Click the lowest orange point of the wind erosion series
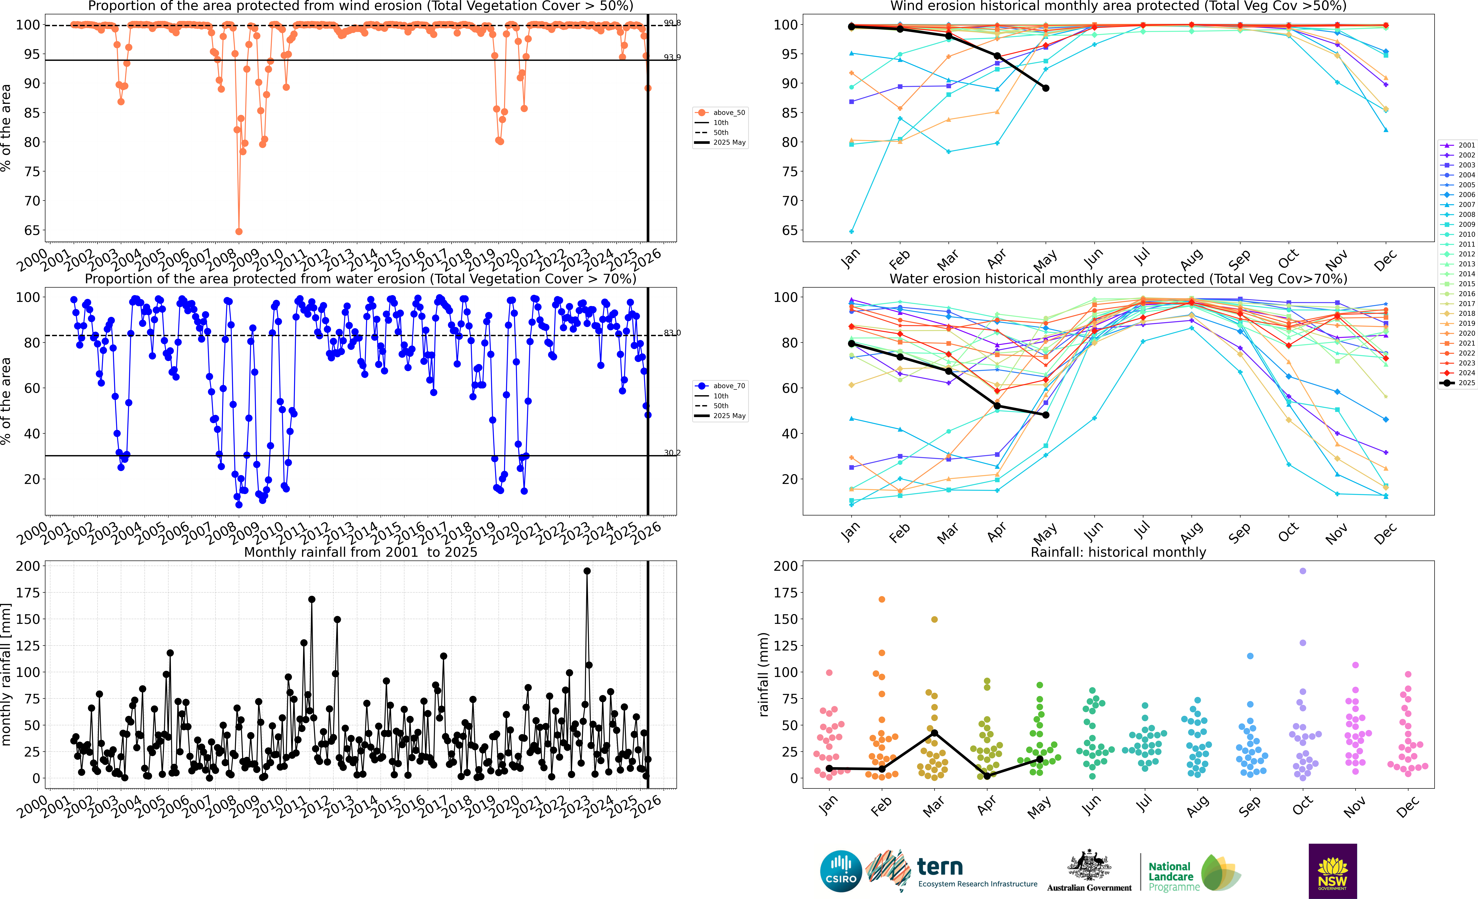[x=239, y=231]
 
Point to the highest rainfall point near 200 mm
[x=587, y=571]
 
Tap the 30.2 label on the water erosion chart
[x=672, y=453]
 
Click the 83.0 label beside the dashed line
[x=672, y=333]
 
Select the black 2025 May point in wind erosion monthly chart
[x=1045, y=88]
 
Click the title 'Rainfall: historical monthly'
[x=1118, y=552]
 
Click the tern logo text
[x=940, y=867]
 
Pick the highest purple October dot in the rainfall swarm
[x=1302, y=571]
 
